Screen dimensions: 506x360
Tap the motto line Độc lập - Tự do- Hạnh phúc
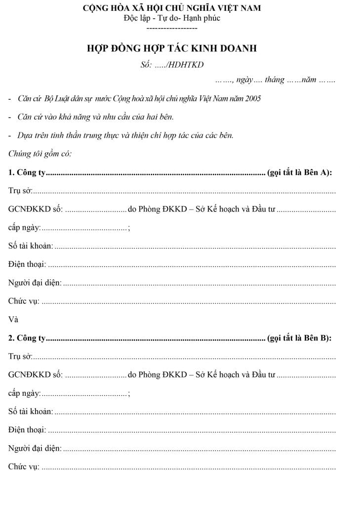coord(172,18)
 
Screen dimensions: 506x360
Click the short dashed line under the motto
coord(172,28)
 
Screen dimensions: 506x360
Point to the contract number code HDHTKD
coord(187,65)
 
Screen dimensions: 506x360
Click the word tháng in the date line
coord(275,80)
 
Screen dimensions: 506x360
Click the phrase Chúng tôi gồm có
coord(40,154)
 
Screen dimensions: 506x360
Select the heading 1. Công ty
coord(27,172)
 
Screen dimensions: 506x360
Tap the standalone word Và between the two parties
coord(13,319)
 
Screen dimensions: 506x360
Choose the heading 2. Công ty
coord(27,338)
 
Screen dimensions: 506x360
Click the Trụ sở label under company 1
coord(20,190)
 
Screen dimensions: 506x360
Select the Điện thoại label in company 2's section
coord(27,430)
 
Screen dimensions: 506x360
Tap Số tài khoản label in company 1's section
coord(31,246)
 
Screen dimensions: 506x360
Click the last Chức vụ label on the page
coord(24,466)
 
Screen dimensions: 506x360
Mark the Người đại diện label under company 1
coord(35,283)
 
